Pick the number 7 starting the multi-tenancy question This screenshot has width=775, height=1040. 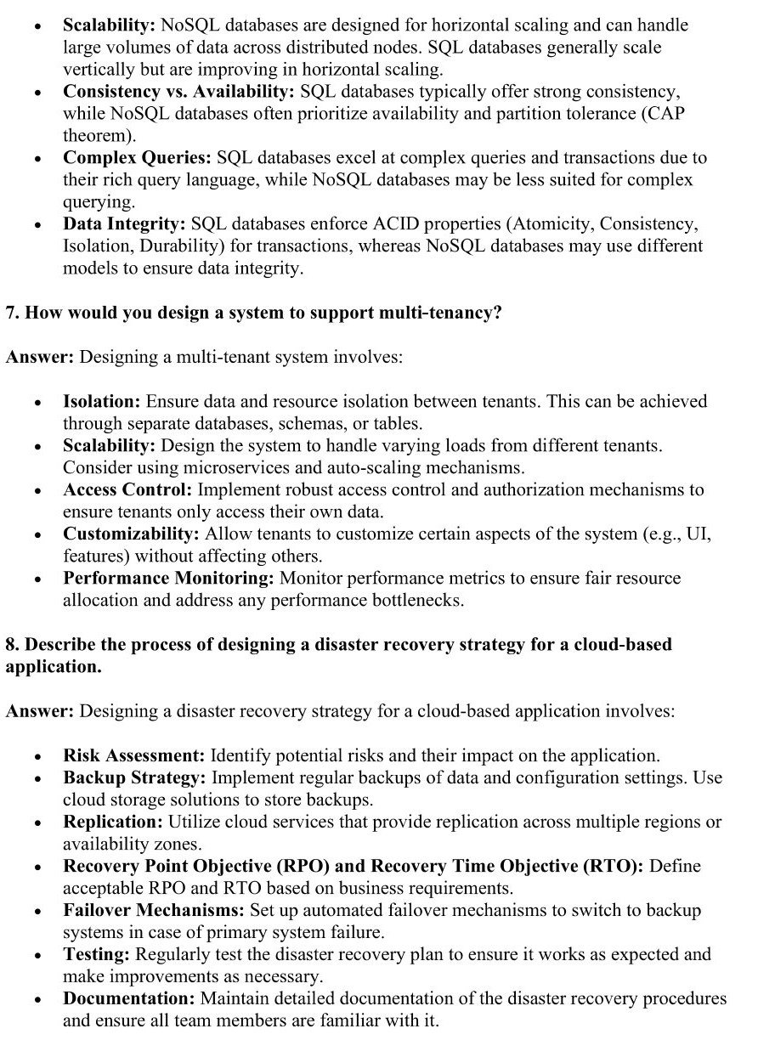click(x=11, y=313)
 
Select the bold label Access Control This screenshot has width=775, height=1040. click(x=128, y=489)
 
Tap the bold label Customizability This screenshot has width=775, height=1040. click(x=131, y=534)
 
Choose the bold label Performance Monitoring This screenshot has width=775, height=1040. click(x=168, y=578)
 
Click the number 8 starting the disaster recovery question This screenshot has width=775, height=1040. click(x=11, y=644)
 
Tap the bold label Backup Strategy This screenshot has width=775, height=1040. click(x=134, y=777)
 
